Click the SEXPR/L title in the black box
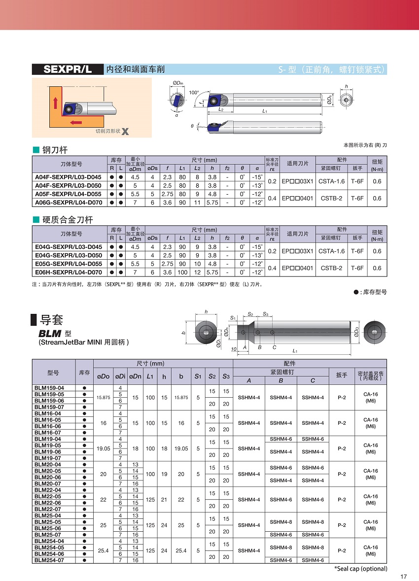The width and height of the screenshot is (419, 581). [x=68, y=69]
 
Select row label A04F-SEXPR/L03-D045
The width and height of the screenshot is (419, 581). [x=68, y=177]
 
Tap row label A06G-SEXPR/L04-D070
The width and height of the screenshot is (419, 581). [x=68, y=203]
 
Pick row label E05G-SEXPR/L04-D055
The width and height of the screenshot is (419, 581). [x=68, y=264]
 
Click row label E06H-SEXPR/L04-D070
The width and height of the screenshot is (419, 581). [x=68, y=273]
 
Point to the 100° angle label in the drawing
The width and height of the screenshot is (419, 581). [x=194, y=92]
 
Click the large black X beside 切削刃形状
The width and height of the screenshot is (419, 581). [x=125, y=132]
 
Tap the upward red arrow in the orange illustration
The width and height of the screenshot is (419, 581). [x=56, y=103]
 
